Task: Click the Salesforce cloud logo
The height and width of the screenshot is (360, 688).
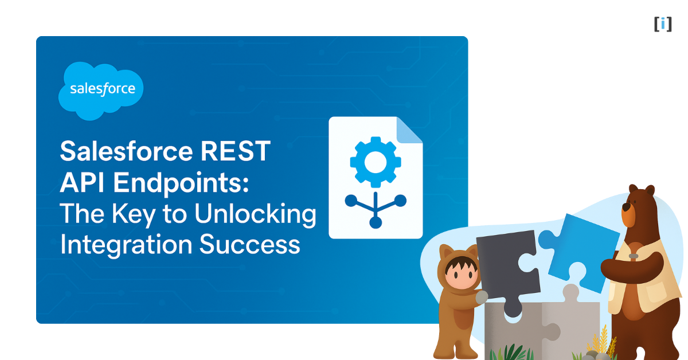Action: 101,90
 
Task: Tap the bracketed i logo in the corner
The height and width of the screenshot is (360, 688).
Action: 663,24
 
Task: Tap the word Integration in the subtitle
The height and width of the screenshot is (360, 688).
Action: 126,245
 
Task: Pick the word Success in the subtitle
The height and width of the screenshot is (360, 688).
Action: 250,245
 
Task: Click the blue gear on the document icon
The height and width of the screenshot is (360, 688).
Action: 375,161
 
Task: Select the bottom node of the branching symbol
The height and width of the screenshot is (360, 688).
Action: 376,222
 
